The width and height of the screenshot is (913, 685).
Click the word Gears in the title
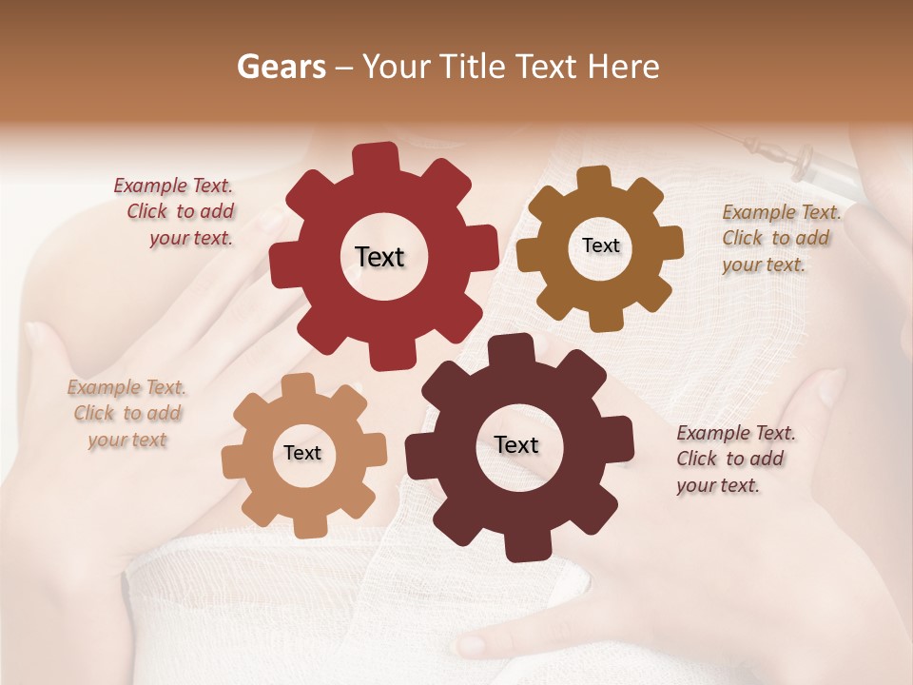[x=281, y=67]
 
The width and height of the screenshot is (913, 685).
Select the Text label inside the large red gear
[x=379, y=257]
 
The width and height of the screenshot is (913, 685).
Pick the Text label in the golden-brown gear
[x=600, y=245]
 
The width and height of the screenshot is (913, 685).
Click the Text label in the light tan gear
[x=302, y=453]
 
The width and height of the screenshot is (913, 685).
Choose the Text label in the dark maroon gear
[x=516, y=444]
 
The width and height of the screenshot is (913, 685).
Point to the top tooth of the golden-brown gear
[x=593, y=179]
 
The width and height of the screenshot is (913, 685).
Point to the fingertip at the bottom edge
[x=470, y=645]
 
